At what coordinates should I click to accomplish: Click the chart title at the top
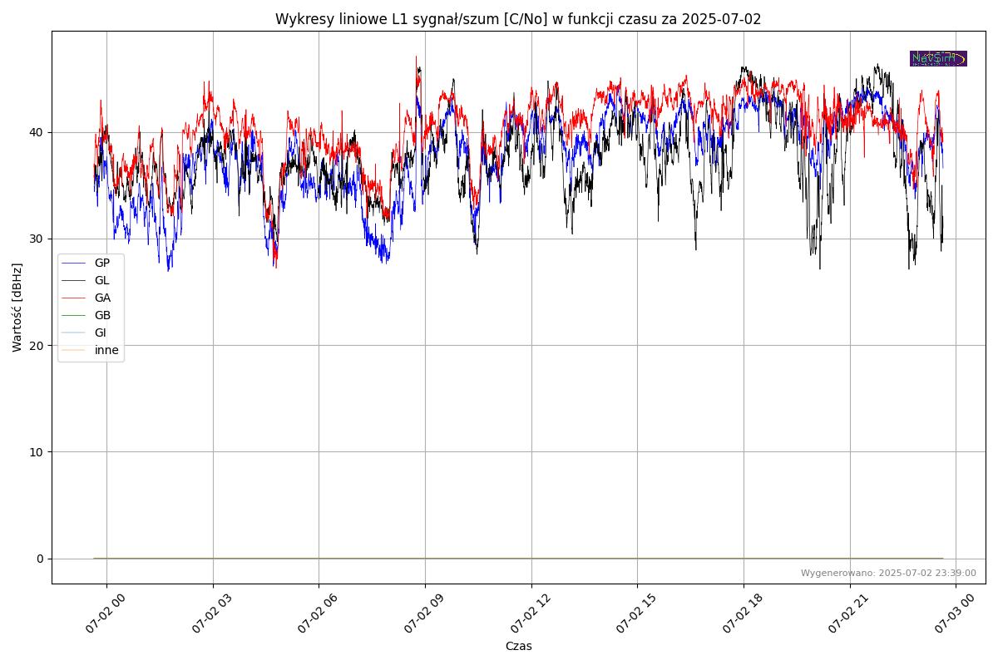click(x=518, y=19)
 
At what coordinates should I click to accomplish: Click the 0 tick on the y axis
click(x=40, y=558)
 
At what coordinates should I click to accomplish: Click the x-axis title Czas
click(x=518, y=646)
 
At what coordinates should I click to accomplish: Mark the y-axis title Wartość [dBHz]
click(x=17, y=307)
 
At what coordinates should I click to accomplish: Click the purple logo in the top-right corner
click(x=938, y=58)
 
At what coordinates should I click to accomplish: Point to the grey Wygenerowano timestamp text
click(x=888, y=573)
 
